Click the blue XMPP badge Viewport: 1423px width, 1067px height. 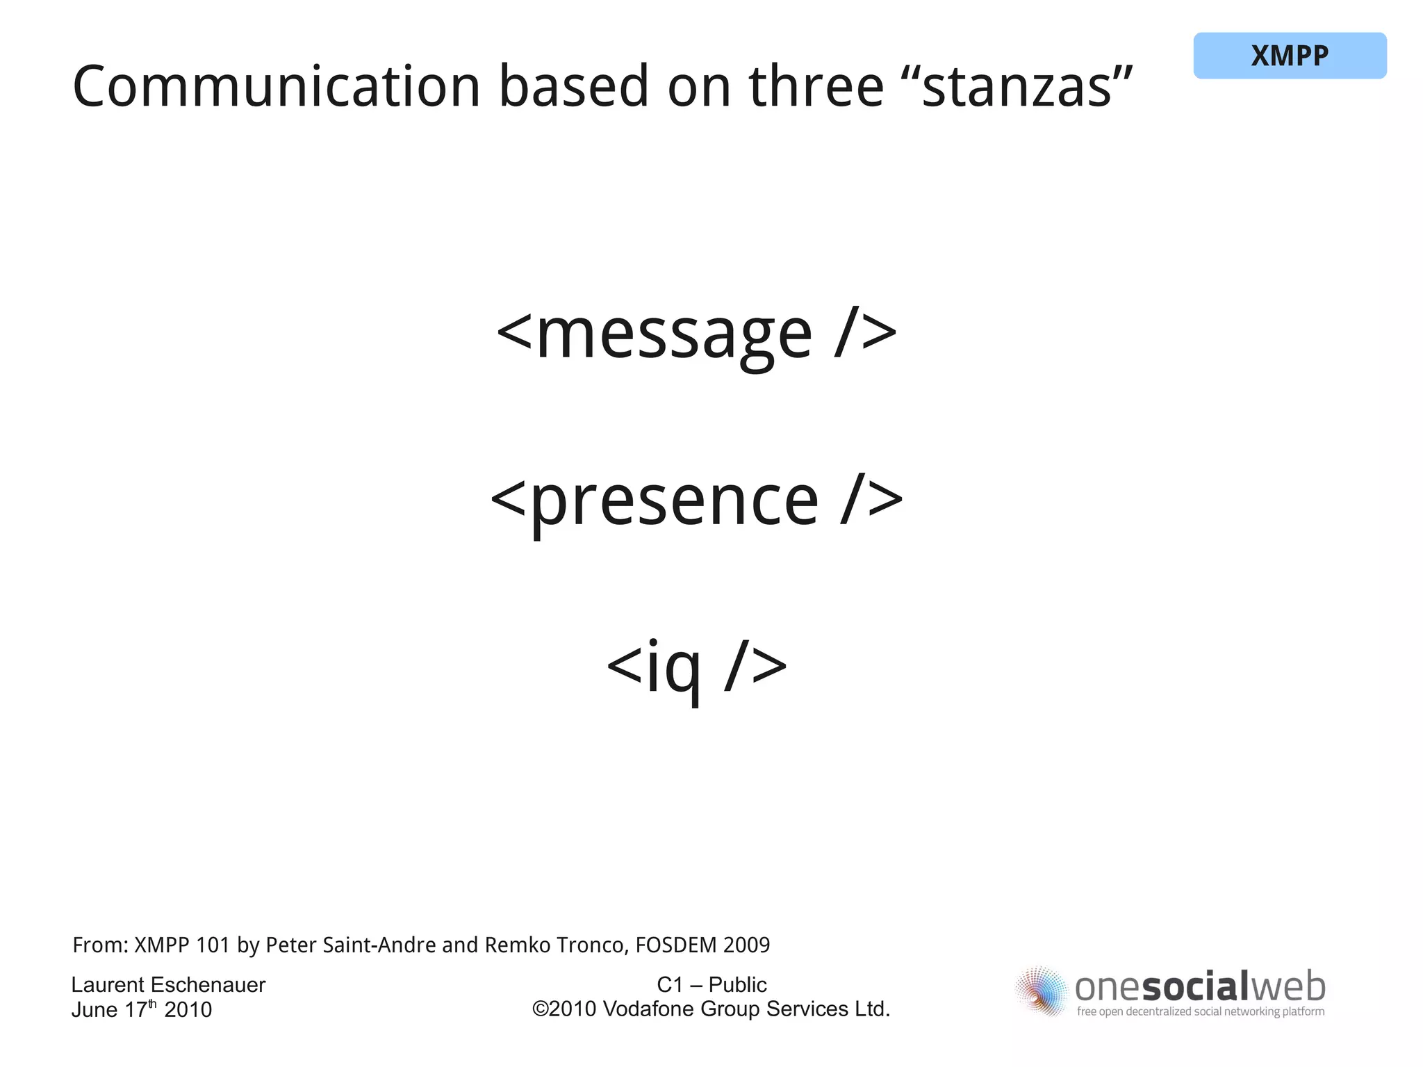[x=1290, y=56]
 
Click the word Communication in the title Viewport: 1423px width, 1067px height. [x=277, y=87]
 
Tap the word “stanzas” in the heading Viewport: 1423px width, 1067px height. [x=1027, y=87]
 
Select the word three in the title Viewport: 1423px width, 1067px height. [x=816, y=87]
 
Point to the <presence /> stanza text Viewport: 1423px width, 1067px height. [x=697, y=501]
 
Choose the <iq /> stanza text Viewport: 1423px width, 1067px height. [x=697, y=667]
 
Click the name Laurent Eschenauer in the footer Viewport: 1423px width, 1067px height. [x=168, y=984]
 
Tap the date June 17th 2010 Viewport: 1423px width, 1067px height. [x=142, y=1009]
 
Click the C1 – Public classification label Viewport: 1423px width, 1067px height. [x=711, y=984]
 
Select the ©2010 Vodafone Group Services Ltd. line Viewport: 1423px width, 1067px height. [x=711, y=1009]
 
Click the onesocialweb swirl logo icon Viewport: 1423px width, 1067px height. [x=1041, y=991]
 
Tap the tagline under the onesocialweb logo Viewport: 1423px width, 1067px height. [x=1201, y=1011]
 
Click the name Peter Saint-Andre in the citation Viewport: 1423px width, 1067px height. [x=351, y=945]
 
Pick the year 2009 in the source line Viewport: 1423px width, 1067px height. [x=747, y=945]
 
